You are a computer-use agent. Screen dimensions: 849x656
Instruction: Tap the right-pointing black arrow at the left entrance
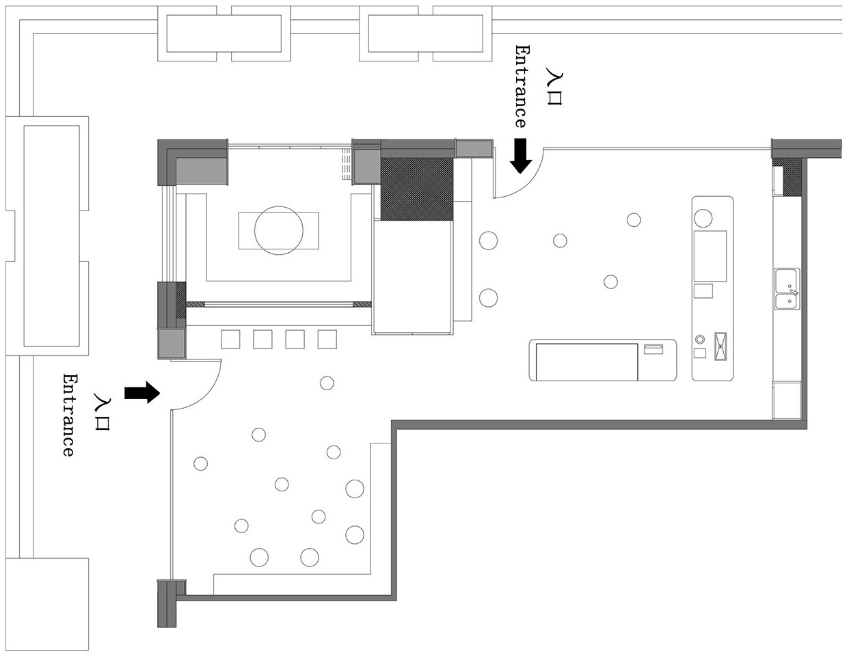click(x=141, y=392)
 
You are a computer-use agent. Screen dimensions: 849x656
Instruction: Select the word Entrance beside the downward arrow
click(x=520, y=87)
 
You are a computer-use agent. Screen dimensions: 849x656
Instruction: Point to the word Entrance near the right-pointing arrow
click(x=69, y=415)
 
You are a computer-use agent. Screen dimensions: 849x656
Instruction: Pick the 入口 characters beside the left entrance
click(x=103, y=414)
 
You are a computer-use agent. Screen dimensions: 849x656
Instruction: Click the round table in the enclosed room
click(x=279, y=230)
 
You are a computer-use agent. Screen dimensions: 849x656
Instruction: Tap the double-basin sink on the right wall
click(x=787, y=289)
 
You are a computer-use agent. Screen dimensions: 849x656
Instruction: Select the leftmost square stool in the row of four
click(x=230, y=340)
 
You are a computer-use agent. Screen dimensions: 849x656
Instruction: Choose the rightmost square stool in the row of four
click(x=327, y=340)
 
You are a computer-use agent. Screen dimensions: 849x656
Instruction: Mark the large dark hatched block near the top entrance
click(x=417, y=189)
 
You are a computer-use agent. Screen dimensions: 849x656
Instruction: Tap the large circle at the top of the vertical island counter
click(x=703, y=218)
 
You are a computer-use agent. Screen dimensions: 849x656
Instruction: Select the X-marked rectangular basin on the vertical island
click(x=720, y=346)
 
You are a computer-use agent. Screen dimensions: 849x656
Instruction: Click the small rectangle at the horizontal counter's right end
click(x=653, y=349)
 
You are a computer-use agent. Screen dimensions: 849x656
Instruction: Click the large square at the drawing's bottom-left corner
click(x=47, y=605)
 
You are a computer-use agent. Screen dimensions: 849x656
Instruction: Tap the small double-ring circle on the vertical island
click(x=700, y=339)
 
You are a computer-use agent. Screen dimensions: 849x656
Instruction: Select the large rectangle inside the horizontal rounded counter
click(x=587, y=362)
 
